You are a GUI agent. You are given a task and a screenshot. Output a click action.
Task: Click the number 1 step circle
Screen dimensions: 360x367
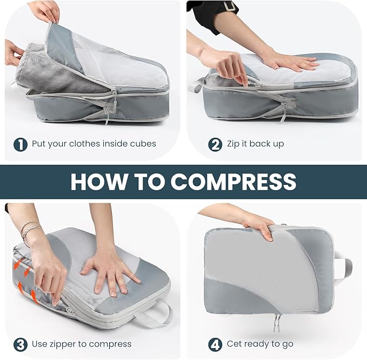(20, 144)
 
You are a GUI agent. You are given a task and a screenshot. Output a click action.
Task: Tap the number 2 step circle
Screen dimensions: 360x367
(215, 144)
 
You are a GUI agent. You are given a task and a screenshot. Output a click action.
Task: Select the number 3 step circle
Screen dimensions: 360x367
(20, 344)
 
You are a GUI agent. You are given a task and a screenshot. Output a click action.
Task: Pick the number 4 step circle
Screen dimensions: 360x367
(215, 344)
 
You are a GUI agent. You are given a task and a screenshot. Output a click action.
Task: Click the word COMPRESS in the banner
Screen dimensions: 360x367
(233, 182)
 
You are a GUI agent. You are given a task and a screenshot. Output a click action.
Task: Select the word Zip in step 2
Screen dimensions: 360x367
(234, 144)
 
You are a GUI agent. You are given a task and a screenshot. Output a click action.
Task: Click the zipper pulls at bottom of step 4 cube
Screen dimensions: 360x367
(278, 320)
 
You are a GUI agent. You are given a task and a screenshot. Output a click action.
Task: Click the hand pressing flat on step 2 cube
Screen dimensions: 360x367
(289, 62)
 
